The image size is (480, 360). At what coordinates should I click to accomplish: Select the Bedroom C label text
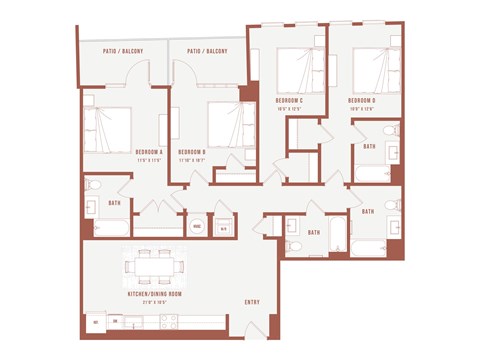289,101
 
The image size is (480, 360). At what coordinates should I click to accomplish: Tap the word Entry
251,302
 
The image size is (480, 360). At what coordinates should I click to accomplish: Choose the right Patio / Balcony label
207,49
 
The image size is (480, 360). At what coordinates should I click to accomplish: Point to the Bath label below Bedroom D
369,146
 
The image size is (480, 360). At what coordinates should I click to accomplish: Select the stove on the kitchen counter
168,322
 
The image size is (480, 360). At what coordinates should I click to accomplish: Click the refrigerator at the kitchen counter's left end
96,322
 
